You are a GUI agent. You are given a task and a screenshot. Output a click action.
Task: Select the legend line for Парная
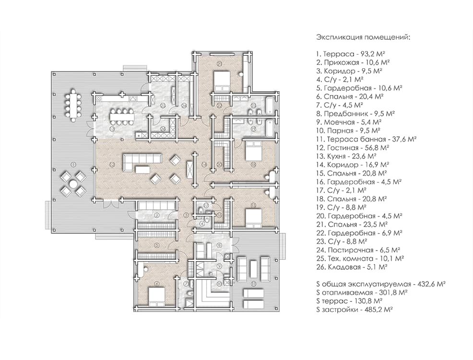348,130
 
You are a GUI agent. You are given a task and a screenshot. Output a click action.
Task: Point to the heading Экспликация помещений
363,37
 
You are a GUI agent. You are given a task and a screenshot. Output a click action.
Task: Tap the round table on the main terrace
73,183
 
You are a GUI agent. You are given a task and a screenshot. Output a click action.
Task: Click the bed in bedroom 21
222,81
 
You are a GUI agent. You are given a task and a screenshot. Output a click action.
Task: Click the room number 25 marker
163,106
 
